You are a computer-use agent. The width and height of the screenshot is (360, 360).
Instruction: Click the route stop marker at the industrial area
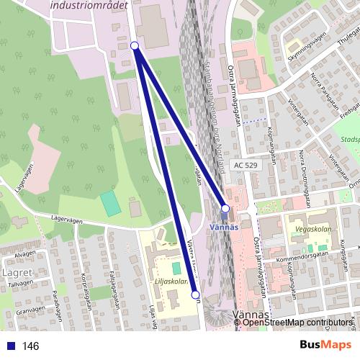(x=135, y=46)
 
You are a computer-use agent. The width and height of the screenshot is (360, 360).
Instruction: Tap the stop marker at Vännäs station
(x=225, y=209)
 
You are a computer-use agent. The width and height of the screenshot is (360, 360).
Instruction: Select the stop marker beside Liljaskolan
(x=195, y=294)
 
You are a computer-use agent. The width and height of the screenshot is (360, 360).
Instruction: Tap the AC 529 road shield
(x=246, y=166)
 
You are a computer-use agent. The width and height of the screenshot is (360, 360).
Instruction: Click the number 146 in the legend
(x=30, y=346)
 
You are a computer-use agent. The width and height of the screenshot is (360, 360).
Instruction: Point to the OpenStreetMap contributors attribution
(x=298, y=323)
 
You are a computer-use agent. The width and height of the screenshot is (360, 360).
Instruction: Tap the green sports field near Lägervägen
(x=111, y=203)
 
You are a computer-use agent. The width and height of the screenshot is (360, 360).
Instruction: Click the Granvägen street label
(x=30, y=311)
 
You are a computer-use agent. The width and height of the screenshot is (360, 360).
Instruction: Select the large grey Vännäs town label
(x=251, y=315)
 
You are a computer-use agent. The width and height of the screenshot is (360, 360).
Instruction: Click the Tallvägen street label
(x=17, y=284)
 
